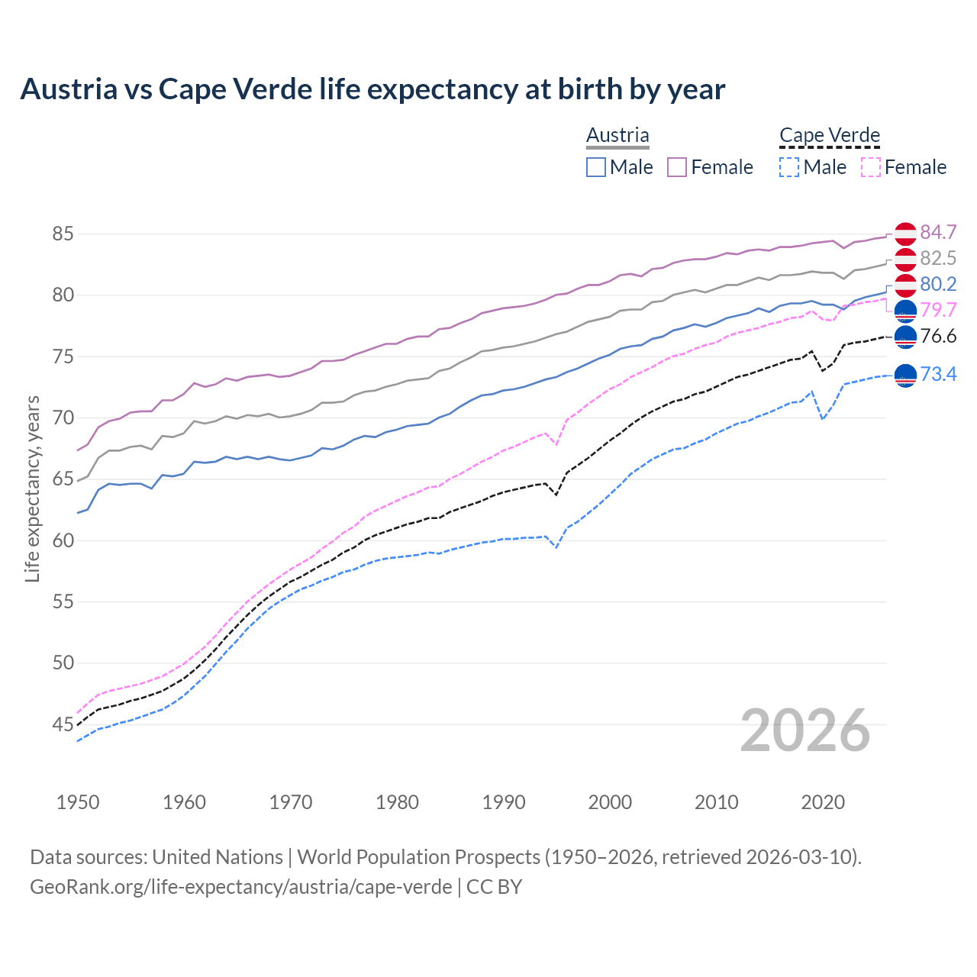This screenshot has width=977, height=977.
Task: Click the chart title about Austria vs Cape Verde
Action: pyautogui.click(x=372, y=89)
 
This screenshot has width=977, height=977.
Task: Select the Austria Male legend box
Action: pyautogui.click(x=596, y=167)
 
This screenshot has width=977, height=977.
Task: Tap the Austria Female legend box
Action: pyautogui.click(x=677, y=167)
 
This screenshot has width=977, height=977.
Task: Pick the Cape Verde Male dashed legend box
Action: pyautogui.click(x=789, y=167)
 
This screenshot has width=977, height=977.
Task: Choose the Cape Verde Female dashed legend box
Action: pyautogui.click(x=871, y=167)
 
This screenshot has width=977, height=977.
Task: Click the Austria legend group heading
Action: pyautogui.click(x=617, y=136)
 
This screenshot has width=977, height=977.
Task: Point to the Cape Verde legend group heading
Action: pyautogui.click(x=830, y=136)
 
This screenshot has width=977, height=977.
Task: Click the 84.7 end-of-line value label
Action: pyautogui.click(x=938, y=232)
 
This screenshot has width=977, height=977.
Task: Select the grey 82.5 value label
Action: pyautogui.click(x=938, y=258)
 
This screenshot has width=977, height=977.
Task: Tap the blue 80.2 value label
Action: pyautogui.click(x=938, y=284)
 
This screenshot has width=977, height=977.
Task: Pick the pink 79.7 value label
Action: pyautogui.click(x=938, y=310)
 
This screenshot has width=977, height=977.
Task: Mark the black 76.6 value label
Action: pyautogui.click(x=938, y=336)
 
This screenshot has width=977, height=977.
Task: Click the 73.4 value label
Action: pyautogui.click(x=938, y=374)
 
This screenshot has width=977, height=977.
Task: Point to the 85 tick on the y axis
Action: pyautogui.click(x=63, y=234)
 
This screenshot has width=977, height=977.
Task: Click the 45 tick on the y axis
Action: pyautogui.click(x=63, y=724)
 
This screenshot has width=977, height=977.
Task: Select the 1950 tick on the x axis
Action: pyautogui.click(x=78, y=802)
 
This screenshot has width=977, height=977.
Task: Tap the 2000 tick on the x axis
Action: pyautogui.click(x=610, y=802)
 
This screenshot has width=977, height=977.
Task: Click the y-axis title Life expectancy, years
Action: pyautogui.click(x=32, y=488)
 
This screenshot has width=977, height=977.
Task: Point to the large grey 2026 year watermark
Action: pyautogui.click(x=805, y=730)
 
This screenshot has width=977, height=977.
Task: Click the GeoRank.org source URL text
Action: pyautogui.click(x=240, y=887)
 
